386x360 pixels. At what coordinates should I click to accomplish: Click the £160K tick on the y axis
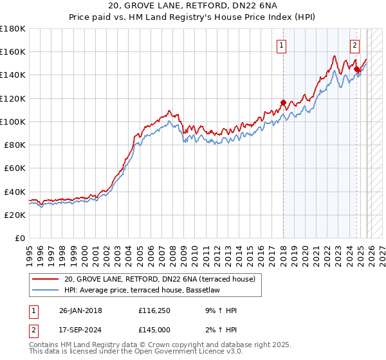tap(13, 51)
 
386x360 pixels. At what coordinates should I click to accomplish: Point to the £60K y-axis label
tap(15, 168)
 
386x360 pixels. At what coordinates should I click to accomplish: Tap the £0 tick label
tap(19, 238)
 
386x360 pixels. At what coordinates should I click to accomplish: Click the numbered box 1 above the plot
tap(282, 45)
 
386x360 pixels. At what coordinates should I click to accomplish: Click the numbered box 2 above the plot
tap(354, 45)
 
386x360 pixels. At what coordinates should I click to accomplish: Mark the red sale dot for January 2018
tap(283, 102)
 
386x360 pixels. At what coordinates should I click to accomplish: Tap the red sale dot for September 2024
tap(356, 68)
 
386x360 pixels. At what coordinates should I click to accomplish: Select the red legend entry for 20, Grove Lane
tap(160, 278)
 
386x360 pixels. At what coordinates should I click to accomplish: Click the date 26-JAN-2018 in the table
tap(80, 310)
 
